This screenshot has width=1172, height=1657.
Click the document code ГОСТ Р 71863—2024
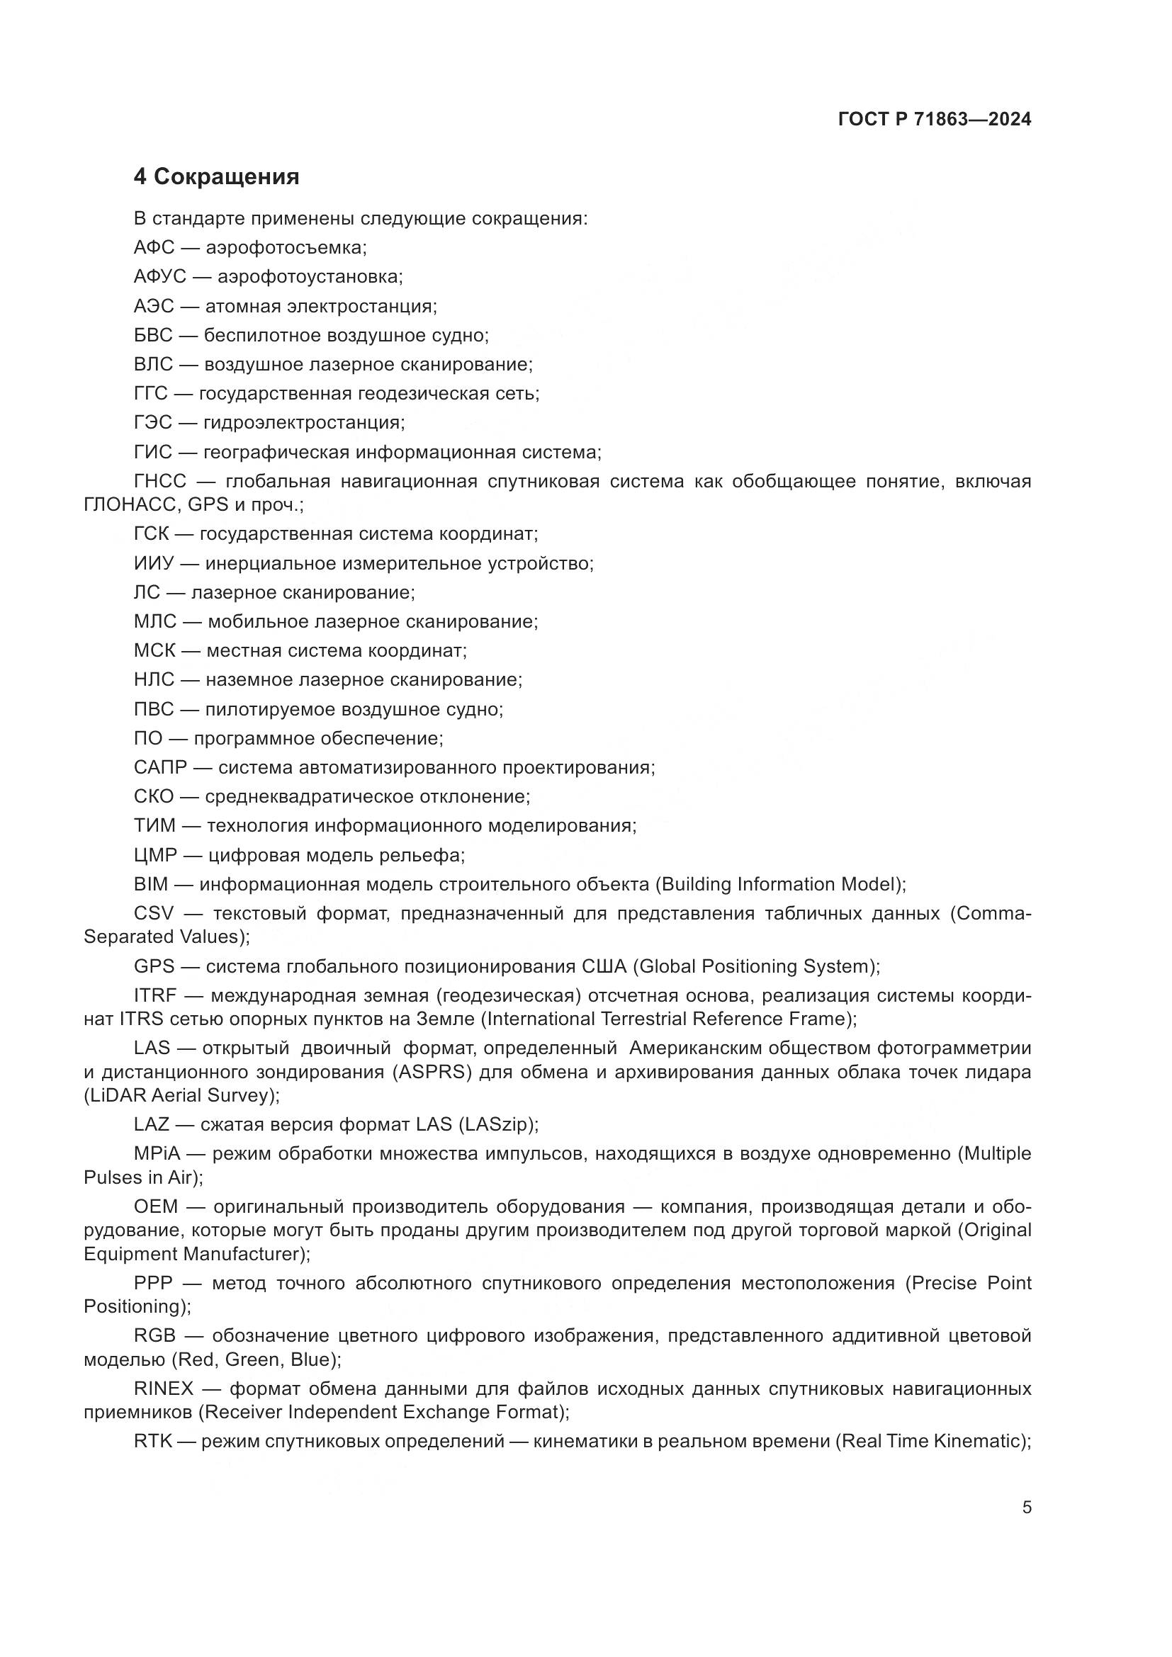pos(935,119)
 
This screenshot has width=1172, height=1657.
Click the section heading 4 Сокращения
pos(217,177)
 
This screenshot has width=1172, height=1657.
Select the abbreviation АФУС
pos(159,276)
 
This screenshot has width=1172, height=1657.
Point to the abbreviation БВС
pos(153,335)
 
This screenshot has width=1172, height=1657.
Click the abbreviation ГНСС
pos(159,480)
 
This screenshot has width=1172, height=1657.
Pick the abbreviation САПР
pos(160,767)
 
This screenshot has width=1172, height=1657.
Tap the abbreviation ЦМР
pos(155,855)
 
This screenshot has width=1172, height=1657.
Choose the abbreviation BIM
pos(151,884)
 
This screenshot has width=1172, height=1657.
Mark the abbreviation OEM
pos(156,1206)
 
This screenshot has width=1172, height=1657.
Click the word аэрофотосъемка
pos(286,247)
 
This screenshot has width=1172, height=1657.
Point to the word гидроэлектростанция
pos(303,422)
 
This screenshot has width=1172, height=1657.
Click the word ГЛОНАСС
pos(131,504)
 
